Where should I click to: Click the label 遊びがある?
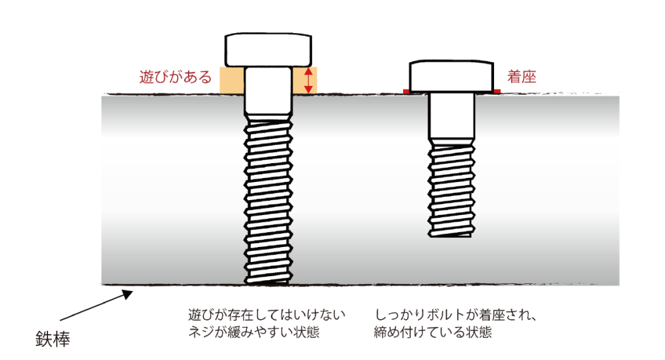coord(176,77)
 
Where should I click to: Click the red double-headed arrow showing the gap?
coord(309,81)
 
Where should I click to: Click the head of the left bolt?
coord(269,49)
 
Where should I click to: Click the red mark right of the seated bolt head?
coord(497,92)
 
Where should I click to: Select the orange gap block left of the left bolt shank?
coord(232,81)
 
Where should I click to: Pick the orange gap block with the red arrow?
coord(306,81)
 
